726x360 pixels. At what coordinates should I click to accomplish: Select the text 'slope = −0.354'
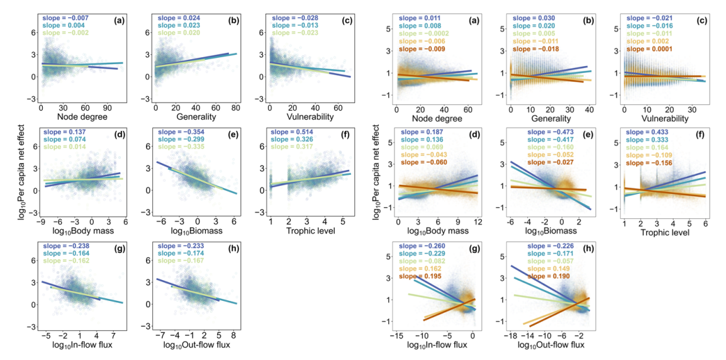click(x=177, y=130)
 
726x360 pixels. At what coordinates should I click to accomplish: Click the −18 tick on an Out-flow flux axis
click(x=507, y=335)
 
